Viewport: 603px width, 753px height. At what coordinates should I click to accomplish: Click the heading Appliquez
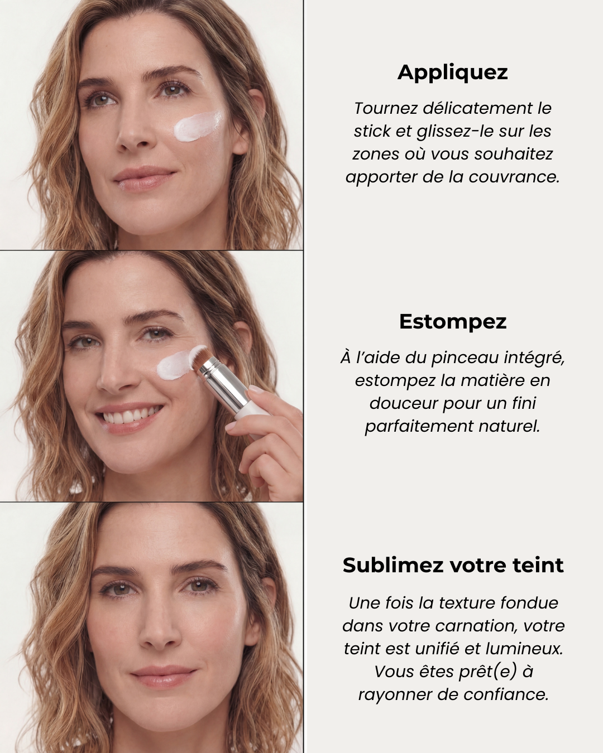point(452,73)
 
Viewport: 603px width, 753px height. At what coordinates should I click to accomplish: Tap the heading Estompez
point(452,322)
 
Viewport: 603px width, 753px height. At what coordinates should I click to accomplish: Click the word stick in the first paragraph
point(372,131)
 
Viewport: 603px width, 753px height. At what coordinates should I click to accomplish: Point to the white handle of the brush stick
point(252,410)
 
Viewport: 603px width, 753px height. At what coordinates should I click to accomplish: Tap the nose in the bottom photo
point(159,630)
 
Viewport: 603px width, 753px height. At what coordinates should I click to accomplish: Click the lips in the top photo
point(143,178)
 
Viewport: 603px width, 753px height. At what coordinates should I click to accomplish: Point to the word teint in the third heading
point(540,565)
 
